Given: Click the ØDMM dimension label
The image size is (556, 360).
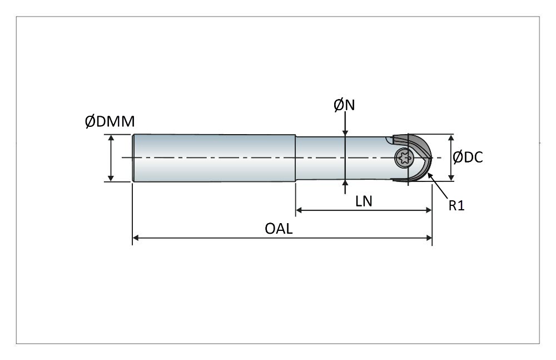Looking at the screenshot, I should coord(110,122).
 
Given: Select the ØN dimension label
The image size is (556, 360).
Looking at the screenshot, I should coord(345,105).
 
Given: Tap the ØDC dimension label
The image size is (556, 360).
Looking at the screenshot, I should coord(468,157).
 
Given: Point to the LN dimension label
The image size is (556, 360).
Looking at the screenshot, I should coord(364,201).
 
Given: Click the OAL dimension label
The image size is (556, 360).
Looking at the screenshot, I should coord(279,229).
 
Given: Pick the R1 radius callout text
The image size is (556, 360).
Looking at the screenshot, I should coord(456,205).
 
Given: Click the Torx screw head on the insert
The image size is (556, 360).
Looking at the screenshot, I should coord(404,158).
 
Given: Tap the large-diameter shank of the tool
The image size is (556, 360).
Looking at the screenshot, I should coord(214,157).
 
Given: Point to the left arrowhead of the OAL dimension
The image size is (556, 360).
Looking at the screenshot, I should coord(136,238).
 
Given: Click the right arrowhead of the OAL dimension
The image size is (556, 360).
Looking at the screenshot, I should coord(429,238).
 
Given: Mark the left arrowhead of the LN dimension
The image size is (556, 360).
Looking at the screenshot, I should coord(299,210).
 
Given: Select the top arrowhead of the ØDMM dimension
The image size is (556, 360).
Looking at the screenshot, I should coord(111,137).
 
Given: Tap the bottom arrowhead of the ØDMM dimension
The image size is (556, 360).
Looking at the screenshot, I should coord(111,178).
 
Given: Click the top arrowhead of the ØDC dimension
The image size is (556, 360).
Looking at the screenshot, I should coord(451,137).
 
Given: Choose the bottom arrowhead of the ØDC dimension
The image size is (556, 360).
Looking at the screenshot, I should coord(451,177).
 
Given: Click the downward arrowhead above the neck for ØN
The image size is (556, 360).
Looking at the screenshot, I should coord(345,133).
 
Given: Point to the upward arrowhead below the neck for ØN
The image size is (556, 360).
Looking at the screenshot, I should coord(345,183).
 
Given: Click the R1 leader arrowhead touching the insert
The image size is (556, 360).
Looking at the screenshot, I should coord(430,175).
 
